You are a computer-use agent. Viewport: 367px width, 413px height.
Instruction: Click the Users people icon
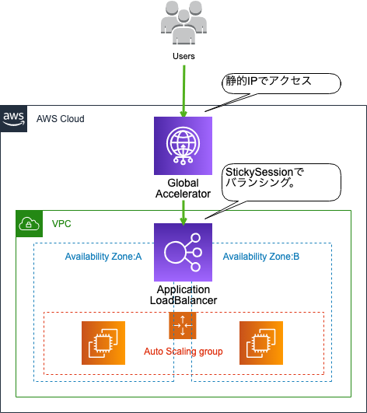coord(183,23)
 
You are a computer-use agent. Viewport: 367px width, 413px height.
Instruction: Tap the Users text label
coord(183,56)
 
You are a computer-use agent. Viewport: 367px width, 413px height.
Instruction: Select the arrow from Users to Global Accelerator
coord(183,91)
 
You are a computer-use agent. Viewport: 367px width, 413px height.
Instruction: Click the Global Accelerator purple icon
coord(183,145)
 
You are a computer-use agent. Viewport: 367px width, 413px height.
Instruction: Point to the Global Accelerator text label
coord(183,188)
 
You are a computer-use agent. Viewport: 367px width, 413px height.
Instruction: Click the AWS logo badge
coord(13,119)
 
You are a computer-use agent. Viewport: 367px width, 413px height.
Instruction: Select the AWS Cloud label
coord(61,119)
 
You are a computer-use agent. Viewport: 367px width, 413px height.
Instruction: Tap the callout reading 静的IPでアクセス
coord(281,83)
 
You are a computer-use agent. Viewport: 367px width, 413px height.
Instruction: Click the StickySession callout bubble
coord(281,182)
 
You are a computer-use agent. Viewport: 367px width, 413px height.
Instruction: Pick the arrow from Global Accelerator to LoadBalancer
coord(183,213)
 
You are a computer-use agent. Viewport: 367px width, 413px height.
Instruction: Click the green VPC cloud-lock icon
coord(30,224)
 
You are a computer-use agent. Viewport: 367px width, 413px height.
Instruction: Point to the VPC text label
coord(61,224)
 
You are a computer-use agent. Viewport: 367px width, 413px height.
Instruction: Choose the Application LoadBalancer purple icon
coord(183,252)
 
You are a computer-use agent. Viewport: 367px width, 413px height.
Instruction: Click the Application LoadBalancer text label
coord(183,295)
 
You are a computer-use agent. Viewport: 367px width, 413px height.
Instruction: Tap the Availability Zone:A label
coord(103,257)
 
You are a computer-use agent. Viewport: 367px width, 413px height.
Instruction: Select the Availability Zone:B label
coord(261,257)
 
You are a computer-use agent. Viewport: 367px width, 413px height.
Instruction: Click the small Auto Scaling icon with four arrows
coord(183,326)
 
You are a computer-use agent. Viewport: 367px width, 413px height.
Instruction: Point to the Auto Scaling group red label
coord(183,352)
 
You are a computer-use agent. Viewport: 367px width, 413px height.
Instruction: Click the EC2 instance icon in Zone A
coord(103,343)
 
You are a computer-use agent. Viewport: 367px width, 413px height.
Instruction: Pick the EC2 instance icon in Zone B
coord(261,343)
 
